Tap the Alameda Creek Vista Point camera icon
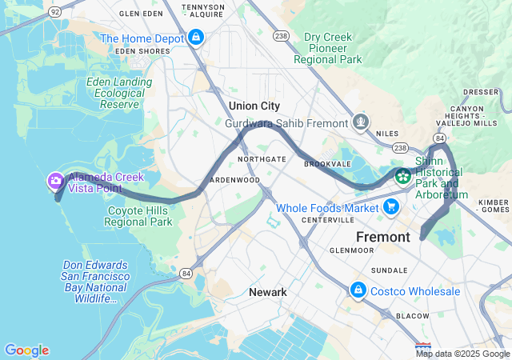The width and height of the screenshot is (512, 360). tap(56, 182)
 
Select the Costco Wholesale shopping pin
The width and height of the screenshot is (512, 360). tap(358, 291)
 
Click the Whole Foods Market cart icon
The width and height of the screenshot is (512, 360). tap(391, 208)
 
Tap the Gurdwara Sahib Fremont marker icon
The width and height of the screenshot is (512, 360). tap(362, 123)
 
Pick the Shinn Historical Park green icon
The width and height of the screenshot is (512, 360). tap(403, 174)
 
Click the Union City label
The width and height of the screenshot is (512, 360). tap(254, 106)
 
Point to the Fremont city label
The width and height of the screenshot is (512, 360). tap(382, 237)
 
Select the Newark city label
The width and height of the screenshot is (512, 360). tap(267, 292)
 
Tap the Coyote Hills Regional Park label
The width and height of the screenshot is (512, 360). tap(139, 216)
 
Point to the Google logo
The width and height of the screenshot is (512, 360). tap(26, 350)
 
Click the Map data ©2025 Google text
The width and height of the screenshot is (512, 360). tap(462, 354)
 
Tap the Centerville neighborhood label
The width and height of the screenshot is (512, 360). tap(327, 219)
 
